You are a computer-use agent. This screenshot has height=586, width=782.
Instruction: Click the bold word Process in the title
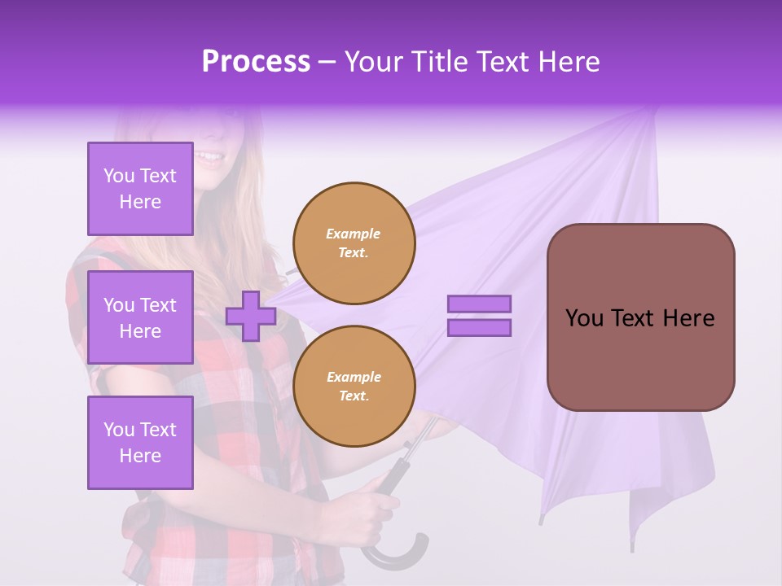tap(256, 61)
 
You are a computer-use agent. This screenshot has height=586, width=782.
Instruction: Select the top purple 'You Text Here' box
tap(140, 189)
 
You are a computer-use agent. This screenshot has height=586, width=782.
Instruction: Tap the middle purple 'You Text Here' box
tap(140, 317)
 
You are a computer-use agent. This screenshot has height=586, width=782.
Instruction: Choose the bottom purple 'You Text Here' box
tap(140, 443)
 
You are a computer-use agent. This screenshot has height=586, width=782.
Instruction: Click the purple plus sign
tap(251, 316)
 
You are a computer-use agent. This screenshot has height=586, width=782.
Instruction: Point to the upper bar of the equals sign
tap(479, 304)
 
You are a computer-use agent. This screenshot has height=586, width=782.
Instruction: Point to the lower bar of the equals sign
tap(479, 328)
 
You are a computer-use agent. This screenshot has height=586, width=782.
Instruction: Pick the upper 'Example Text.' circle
tap(354, 243)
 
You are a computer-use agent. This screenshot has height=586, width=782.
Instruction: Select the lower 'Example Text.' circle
tap(354, 386)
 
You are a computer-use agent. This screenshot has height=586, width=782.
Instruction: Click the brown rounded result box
tap(640, 317)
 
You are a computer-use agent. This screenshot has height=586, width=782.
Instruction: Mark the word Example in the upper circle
tap(354, 234)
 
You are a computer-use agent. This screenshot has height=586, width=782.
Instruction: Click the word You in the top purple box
tap(119, 176)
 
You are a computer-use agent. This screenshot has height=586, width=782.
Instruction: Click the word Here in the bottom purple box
tap(140, 456)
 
